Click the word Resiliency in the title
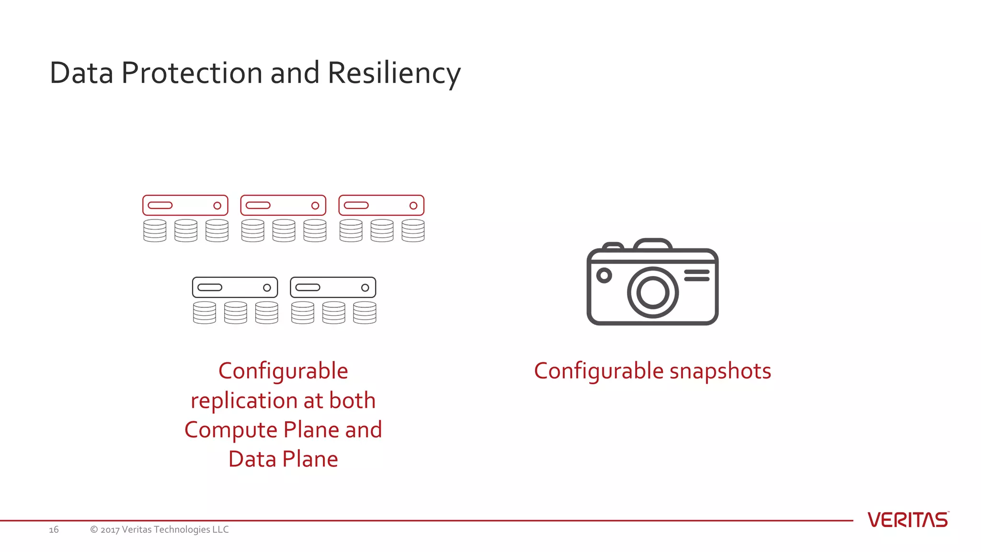pos(394,73)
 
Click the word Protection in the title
pos(192,73)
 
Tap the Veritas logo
pos(908,520)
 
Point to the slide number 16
pos(54,529)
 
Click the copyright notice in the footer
pos(160,529)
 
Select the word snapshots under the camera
pos(720,371)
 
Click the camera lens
pos(652,292)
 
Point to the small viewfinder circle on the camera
pos(604,276)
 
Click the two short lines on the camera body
pos(696,275)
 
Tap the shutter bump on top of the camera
pos(652,244)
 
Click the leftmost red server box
pos(185,205)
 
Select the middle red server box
pos(283,205)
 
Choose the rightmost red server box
pos(381,205)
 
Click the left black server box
pos(235,287)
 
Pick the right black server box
pos(333,287)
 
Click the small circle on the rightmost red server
pos(413,206)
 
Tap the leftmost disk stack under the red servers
pos(155,230)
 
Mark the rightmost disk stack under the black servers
pos(365,312)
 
